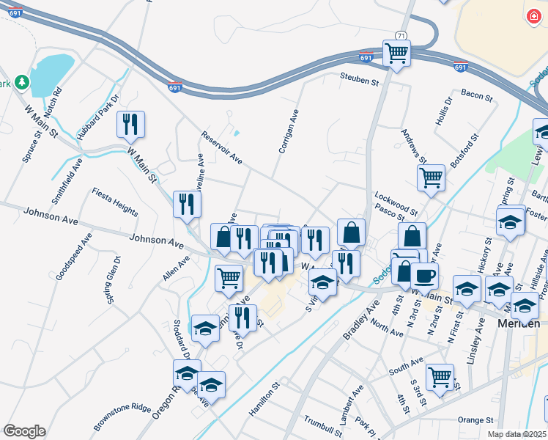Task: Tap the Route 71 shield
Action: coord(400,35)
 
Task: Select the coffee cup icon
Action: coord(424,276)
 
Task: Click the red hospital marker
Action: coord(533,15)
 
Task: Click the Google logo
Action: coord(23,430)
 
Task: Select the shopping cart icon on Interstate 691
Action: coord(396,53)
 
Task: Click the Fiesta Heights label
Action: coord(115,201)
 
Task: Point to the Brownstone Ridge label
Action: coord(122,417)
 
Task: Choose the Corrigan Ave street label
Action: coord(289,131)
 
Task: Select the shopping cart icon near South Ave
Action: coord(440,377)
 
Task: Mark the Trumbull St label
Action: coord(323,424)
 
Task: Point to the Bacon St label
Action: coord(475,93)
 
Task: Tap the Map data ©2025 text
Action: coord(516,434)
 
